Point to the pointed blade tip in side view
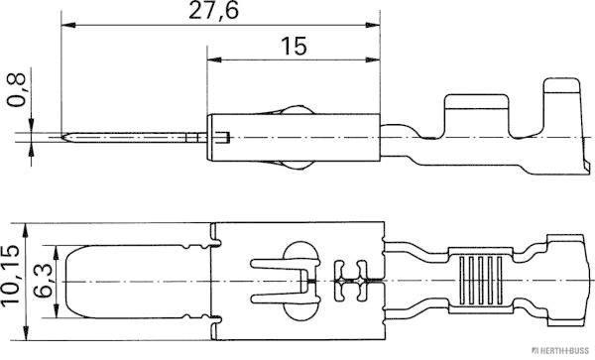tap(62, 138)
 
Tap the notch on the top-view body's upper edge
tap(214, 239)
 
